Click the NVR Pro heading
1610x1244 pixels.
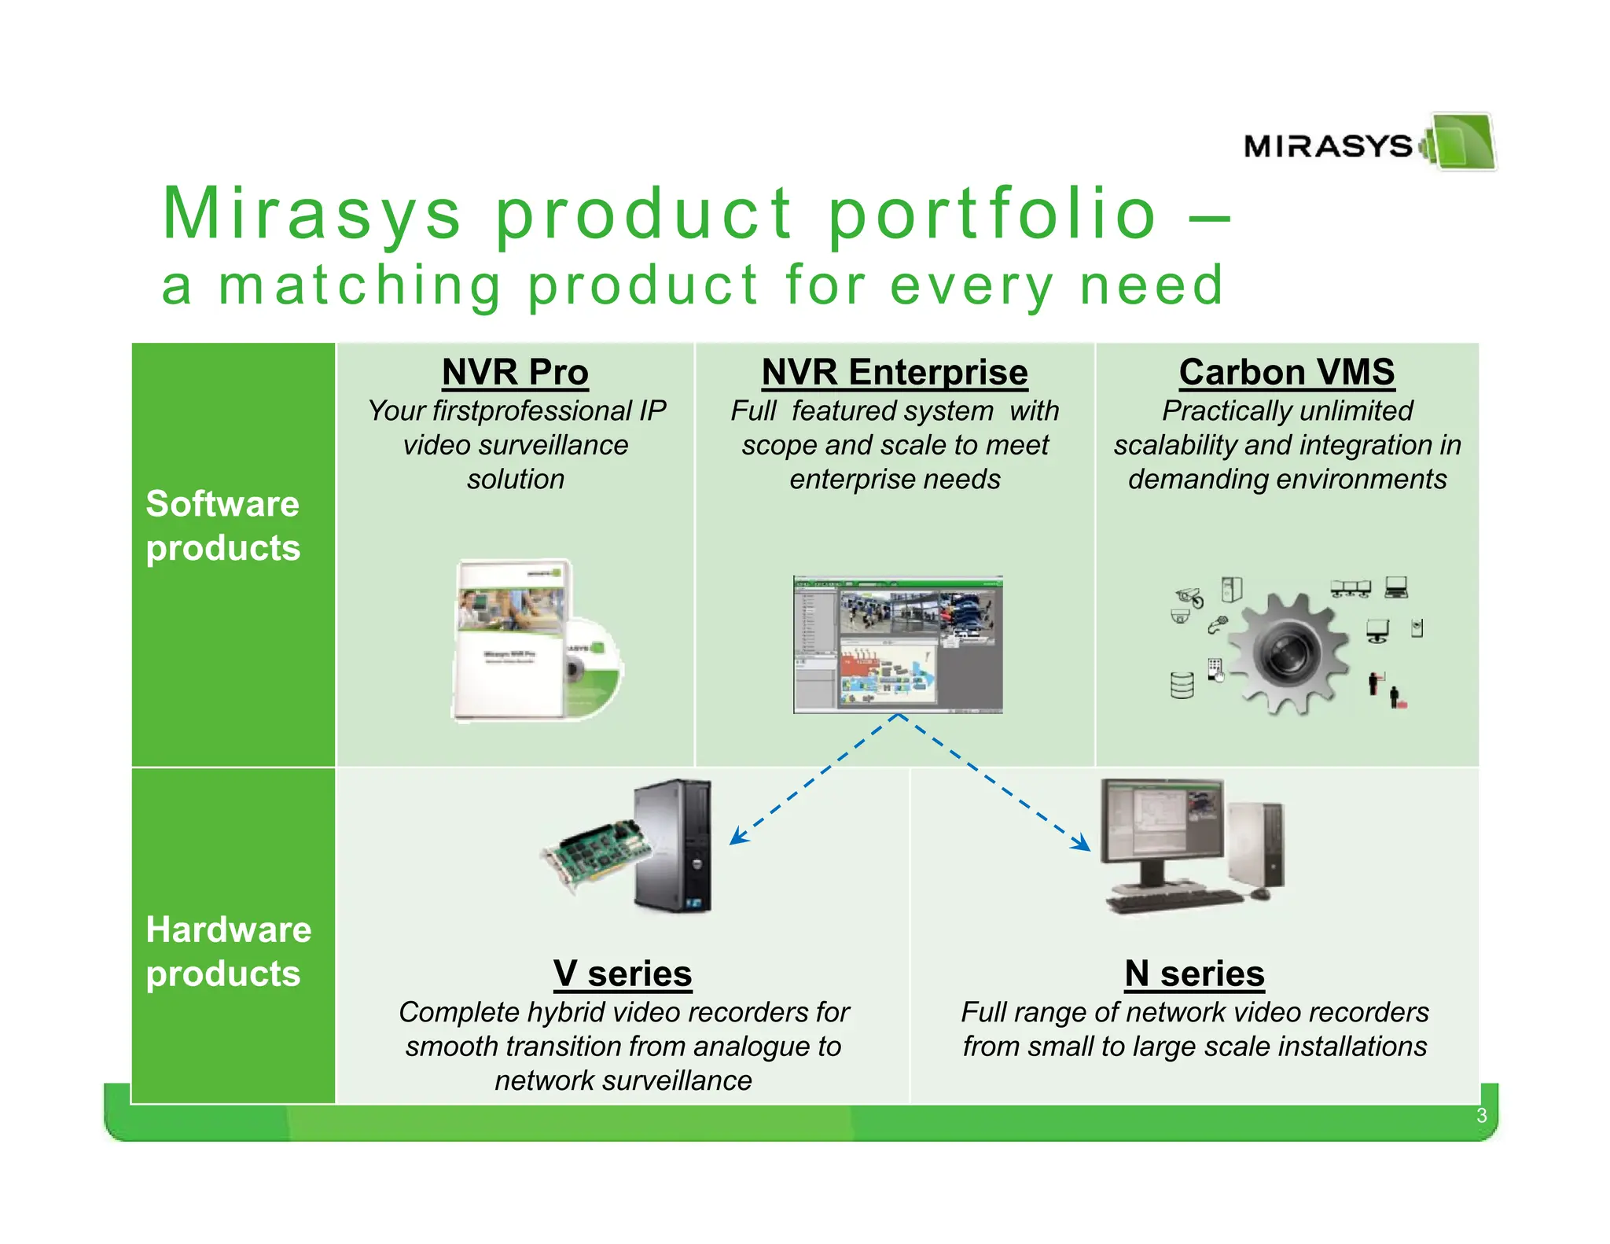point(515,372)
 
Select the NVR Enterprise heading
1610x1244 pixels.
point(895,372)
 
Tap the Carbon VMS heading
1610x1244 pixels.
point(1287,372)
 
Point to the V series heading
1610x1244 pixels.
point(623,973)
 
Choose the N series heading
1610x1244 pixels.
point(1194,973)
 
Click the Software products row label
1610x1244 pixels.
point(223,525)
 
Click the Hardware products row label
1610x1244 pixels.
point(228,951)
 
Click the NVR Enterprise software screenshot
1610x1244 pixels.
point(898,644)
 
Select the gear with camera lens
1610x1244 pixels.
point(1288,653)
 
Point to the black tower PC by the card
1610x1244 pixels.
point(675,845)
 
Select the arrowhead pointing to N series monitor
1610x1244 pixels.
point(1084,845)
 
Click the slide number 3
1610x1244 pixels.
point(1481,1116)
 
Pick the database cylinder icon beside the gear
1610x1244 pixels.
point(1182,685)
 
